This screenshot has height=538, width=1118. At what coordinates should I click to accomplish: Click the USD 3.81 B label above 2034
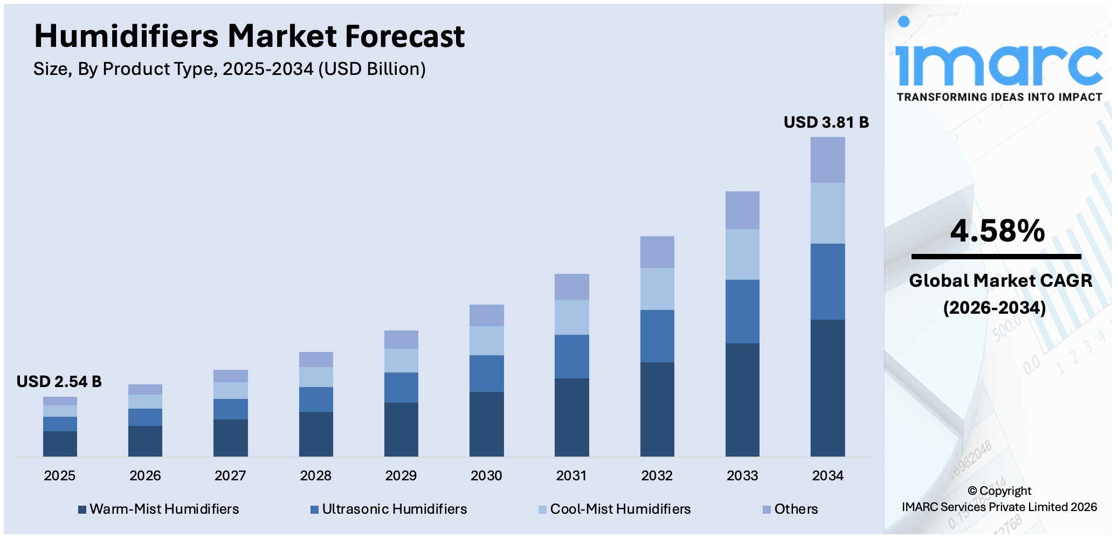coord(826,122)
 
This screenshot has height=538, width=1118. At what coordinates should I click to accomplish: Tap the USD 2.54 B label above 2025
coord(59,382)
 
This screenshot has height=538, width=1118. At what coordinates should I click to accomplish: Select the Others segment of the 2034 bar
coord(827,160)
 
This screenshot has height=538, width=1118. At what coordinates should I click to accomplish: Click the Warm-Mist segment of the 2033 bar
coord(742,399)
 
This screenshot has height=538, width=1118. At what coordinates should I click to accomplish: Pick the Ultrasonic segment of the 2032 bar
coord(657,336)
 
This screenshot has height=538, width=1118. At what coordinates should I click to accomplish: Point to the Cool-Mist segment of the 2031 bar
coord(571,317)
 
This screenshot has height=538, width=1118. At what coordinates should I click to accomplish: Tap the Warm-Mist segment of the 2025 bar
coord(60,443)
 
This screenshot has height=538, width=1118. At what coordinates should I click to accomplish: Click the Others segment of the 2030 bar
coord(486,315)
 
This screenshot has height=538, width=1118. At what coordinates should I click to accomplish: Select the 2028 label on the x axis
coord(316,475)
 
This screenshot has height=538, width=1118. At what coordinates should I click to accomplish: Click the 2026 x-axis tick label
coord(145,475)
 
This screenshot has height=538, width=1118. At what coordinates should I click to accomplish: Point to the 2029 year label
coord(401,475)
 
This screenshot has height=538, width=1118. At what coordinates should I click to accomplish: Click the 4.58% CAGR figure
coord(997,231)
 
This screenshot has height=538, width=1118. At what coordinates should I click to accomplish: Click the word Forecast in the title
coord(404,37)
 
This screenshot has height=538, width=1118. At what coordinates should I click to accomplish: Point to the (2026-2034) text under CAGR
coord(995,308)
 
